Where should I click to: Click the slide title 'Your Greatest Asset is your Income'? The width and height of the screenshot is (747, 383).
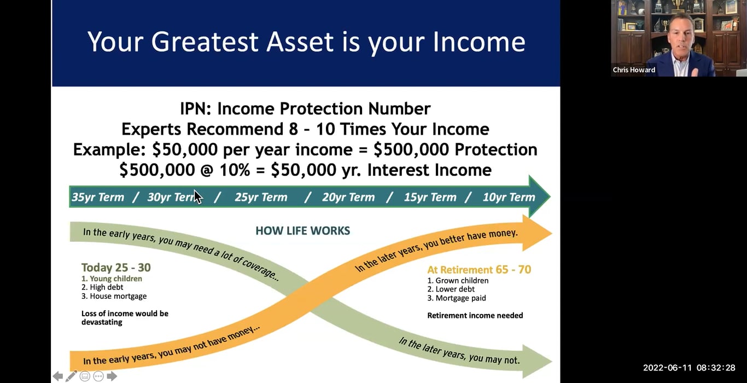point(306,42)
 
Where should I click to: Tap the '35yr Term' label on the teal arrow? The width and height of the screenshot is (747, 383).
point(98,198)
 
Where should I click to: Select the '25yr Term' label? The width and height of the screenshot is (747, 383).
point(261,198)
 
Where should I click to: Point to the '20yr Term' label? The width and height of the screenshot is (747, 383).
point(348,198)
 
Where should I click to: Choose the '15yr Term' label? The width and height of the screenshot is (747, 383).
point(430,198)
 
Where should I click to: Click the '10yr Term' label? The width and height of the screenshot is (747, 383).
point(509,198)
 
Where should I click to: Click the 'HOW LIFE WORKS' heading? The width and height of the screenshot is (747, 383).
point(302,231)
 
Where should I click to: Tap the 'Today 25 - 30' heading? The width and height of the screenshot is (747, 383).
point(116,268)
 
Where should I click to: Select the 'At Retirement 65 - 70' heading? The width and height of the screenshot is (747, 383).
point(479,270)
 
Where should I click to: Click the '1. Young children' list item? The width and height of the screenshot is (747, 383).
point(112,278)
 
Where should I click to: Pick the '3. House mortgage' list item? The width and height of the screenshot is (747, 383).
point(114,296)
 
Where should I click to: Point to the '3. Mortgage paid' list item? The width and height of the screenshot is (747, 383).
point(457,298)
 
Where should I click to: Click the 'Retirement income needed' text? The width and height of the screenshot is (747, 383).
point(475,315)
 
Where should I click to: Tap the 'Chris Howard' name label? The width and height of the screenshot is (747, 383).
point(634,70)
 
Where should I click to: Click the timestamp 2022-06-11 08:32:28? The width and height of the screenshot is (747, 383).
point(689,368)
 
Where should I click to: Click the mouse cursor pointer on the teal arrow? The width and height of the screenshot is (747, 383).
point(197,196)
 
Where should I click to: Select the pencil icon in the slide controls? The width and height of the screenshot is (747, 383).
point(71,376)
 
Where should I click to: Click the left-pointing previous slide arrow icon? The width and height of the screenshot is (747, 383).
point(57,376)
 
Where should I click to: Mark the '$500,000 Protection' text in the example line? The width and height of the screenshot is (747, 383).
point(455,150)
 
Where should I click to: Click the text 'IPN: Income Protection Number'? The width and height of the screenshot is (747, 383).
point(305,109)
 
